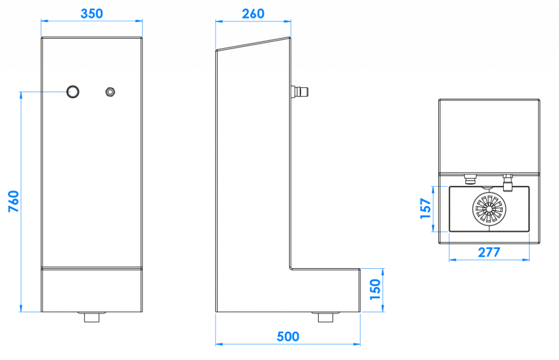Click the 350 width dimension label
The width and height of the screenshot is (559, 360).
[92, 14]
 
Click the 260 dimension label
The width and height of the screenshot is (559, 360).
[253, 14]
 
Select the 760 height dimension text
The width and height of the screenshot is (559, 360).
[14, 202]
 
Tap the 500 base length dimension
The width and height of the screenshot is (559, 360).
[288, 337]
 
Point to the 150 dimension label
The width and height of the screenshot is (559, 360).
[375, 290]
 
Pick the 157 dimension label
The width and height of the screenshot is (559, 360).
[426, 209]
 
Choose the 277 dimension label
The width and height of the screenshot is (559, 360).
[489, 252]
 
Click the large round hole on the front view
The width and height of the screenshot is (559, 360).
[73, 92]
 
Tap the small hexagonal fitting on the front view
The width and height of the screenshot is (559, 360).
[110, 92]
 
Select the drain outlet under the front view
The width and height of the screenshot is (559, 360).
[92, 317]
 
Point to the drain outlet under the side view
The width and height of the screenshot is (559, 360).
[325, 317]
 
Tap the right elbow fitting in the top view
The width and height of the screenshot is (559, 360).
[507, 182]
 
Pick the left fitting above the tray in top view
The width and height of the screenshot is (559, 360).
[470, 179]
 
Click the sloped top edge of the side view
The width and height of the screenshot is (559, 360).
[253, 44]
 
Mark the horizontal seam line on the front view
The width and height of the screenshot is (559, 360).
[92, 268]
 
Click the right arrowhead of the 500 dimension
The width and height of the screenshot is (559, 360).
[356, 344]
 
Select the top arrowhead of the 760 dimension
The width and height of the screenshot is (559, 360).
[21, 96]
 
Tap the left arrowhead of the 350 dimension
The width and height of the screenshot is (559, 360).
[45, 21]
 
